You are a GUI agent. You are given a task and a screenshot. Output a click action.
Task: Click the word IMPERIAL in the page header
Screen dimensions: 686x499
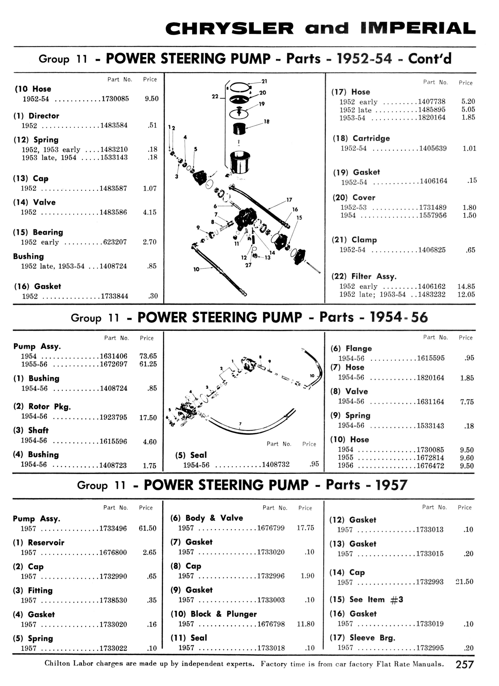pos(418,28)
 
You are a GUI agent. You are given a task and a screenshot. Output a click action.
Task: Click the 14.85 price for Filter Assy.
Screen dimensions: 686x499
pos(466,286)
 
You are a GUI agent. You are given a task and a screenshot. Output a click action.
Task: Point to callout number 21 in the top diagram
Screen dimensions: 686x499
pos(264,81)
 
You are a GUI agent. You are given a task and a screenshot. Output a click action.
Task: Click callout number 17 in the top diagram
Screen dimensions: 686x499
pos(289,200)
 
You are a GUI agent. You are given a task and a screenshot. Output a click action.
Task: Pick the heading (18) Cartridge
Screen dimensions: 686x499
pos(361,138)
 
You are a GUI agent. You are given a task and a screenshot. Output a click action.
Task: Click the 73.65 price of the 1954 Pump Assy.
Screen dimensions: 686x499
pos(148,356)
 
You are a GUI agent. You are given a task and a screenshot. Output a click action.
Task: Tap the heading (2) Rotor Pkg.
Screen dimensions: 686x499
pos(42,406)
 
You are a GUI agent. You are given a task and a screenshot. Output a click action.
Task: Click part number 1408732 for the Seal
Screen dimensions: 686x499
pos(276,464)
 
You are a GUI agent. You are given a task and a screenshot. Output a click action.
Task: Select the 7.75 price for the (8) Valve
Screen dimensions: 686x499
pos(467,402)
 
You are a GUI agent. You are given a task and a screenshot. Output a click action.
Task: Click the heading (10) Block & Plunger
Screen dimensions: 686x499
pos(214,614)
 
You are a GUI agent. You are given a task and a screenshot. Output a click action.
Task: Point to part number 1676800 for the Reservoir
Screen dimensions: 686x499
pos(113,552)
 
